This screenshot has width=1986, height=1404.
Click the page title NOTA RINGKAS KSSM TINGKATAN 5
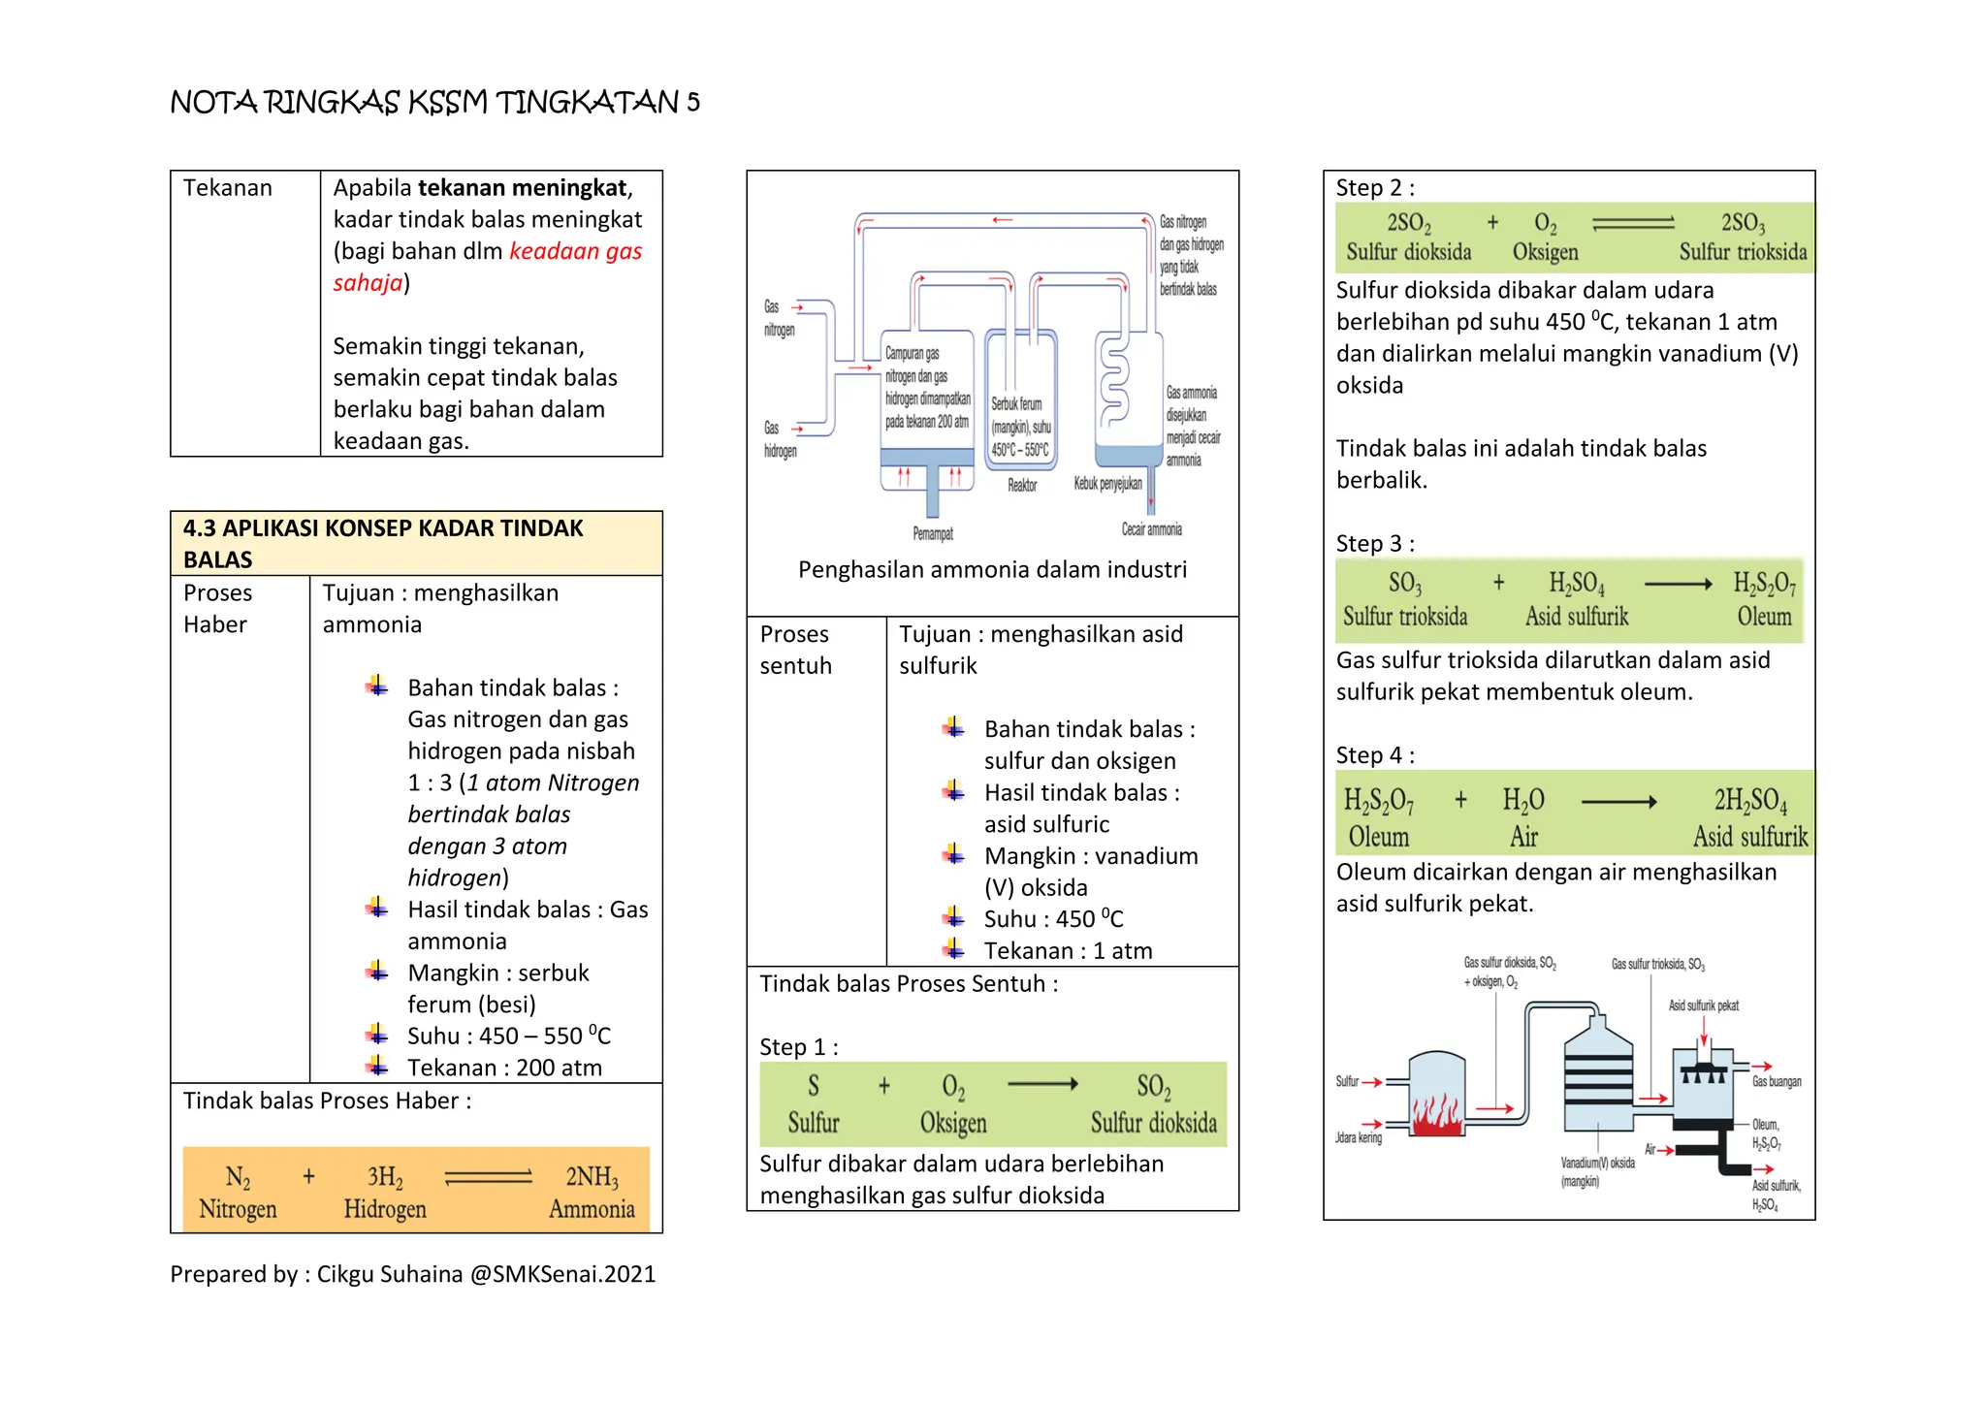[434, 102]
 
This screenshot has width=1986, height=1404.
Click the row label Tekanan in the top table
[228, 188]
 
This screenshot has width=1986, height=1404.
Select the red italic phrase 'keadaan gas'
[575, 251]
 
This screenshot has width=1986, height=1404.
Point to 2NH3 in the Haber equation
[592, 1177]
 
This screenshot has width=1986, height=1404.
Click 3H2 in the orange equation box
[385, 1177]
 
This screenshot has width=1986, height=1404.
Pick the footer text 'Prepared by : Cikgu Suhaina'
[316, 1274]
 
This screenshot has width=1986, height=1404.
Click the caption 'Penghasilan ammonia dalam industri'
[992, 569]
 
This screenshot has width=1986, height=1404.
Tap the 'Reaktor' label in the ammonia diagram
[1022, 485]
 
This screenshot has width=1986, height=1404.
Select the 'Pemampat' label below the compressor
[933, 533]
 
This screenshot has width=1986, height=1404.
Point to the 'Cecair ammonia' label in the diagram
[1152, 529]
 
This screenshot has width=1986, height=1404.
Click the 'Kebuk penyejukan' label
[1107, 483]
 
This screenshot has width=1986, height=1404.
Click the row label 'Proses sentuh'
[795, 650]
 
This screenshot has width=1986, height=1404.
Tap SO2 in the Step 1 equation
[1153, 1087]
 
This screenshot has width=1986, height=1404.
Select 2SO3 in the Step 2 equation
[1743, 223]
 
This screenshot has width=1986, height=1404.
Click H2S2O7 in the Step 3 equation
[1765, 584]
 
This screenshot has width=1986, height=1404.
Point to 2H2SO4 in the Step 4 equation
[1750, 801]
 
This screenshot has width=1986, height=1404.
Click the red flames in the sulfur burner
[1437, 1114]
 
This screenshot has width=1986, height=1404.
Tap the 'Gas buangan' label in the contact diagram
[1777, 1081]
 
